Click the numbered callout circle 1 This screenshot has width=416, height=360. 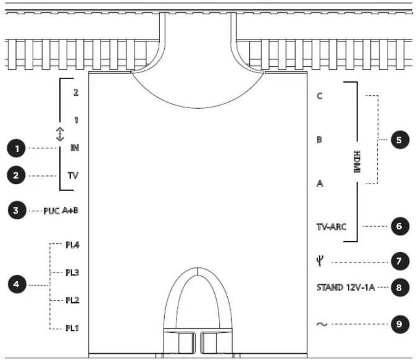(16, 148)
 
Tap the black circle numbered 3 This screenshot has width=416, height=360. (17, 211)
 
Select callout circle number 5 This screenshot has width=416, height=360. (399, 140)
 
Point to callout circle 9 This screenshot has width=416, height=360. (399, 324)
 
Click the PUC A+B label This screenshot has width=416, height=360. (61, 211)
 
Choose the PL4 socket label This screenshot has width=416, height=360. (73, 245)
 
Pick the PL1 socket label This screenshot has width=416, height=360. (72, 328)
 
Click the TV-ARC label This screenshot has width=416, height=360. (331, 227)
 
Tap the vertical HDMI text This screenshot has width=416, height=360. (357, 162)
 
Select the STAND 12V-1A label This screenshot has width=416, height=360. (345, 287)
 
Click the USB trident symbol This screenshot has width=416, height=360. (320, 261)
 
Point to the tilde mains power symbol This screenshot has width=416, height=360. (322, 324)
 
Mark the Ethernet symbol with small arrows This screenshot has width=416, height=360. (60, 134)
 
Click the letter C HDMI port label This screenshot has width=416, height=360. (320, 96)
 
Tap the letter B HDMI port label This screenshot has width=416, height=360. (319, 140)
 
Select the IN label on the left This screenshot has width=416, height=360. (75, 148)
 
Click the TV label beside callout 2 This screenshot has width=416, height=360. (73, 176)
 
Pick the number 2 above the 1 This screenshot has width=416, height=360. (76, 93)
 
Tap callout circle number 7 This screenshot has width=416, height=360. (399, 261)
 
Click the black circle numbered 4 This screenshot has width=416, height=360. (17, 284)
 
